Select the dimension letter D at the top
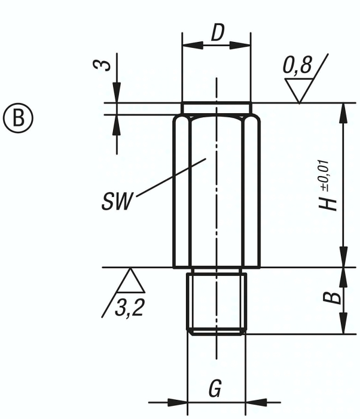[x=216, y=34]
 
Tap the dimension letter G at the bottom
[x=215, y=390]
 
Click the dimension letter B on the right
[x=336, y=297]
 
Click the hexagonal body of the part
[x=216, y=192]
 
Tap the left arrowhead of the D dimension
[x=186, y=45]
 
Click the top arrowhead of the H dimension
[x=343, y=110]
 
